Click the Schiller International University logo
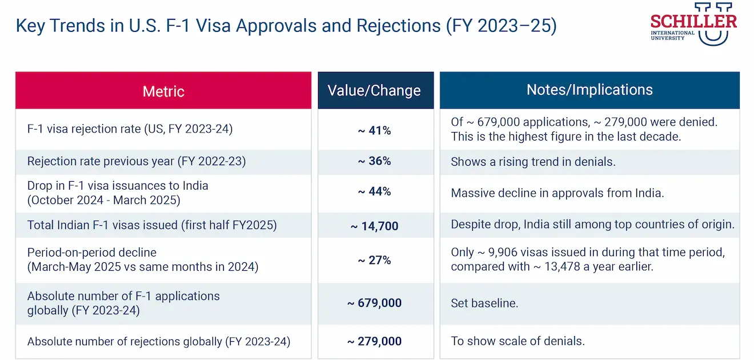[693, 24]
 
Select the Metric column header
[163, 91]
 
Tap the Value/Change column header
[374, 90]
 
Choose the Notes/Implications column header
[589, 90]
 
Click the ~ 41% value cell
[374, 130]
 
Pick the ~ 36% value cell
[374, 161]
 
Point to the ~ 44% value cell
[374, 192]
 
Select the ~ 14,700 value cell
[374, 226]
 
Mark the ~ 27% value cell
[374, 260]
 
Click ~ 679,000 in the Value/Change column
[374, 303]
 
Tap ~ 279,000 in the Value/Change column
[374, 342]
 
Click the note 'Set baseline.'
[484, 303]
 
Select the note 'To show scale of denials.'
[518, 342]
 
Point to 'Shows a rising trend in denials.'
[533, 162]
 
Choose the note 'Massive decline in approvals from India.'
[557, 193]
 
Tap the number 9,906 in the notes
[502, 253]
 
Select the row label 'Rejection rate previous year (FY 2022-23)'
[137, 161]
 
